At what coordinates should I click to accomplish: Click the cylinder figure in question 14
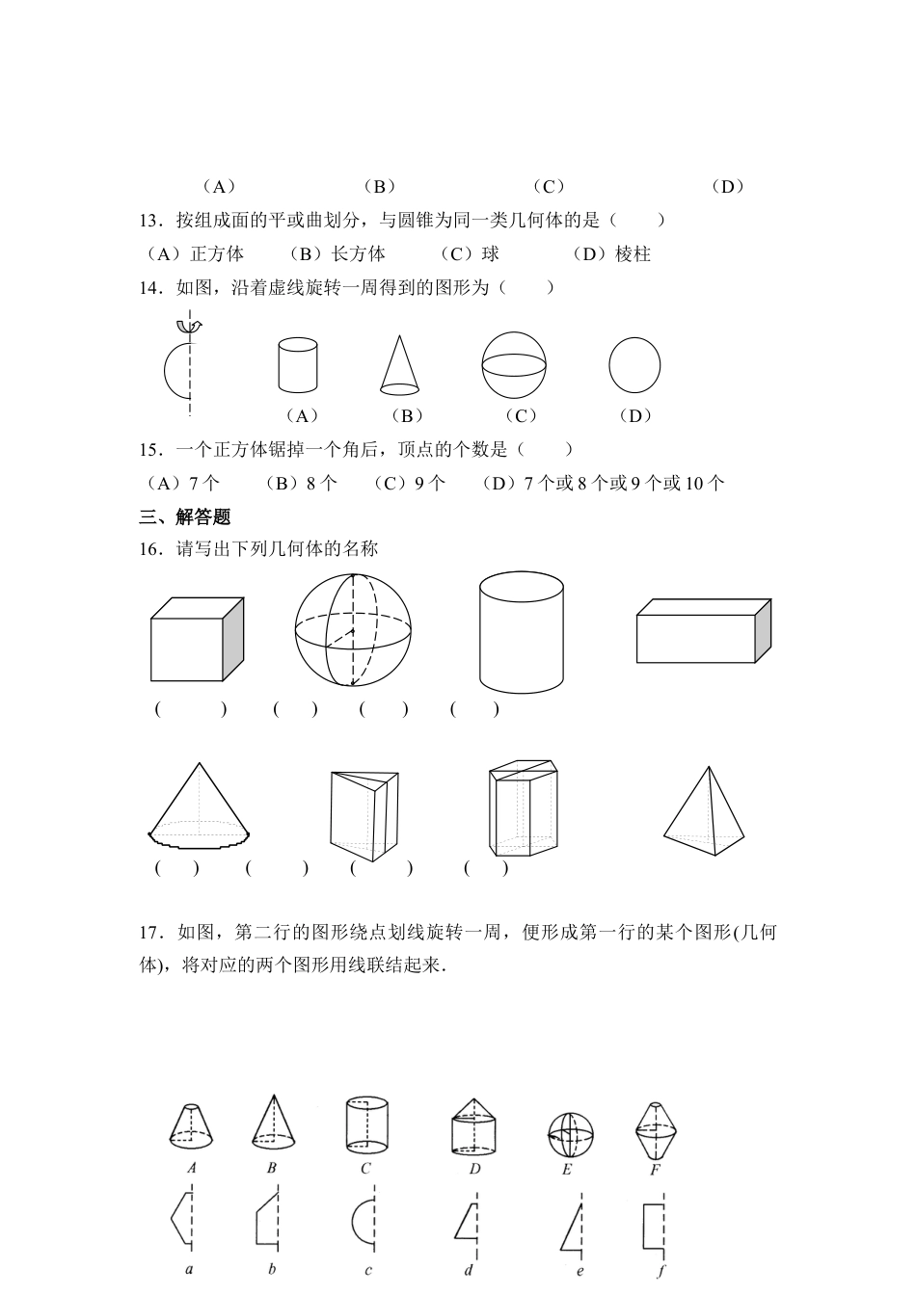297,364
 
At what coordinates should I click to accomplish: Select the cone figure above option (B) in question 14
398,366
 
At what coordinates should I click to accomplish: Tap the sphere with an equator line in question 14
515,365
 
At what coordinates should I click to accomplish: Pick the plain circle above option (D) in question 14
634,365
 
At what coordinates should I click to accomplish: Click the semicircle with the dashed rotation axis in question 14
179,366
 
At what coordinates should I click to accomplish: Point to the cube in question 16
197,639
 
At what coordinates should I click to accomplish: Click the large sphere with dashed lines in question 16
353,630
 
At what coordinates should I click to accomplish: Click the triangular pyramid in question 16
705,813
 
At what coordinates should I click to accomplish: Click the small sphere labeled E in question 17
570,1135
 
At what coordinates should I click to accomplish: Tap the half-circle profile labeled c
364,1222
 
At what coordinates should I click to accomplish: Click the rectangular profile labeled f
655,1224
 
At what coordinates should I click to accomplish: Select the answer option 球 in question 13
470,253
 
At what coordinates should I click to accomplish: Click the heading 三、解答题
185,517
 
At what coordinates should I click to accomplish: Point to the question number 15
149,449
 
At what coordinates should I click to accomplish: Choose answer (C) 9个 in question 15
410,483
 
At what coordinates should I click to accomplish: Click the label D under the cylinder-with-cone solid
474,1169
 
